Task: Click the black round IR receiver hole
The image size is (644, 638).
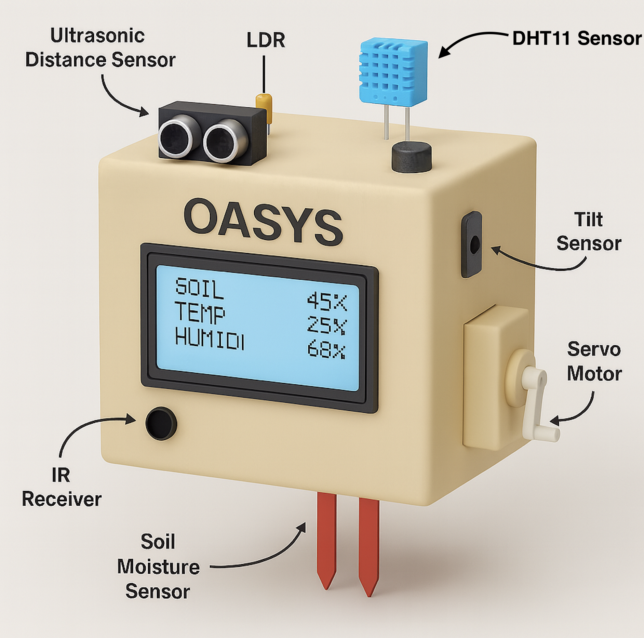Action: [161, 423]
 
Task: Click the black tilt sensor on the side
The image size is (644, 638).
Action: [472, 244]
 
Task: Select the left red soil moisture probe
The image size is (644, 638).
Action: [326, 540]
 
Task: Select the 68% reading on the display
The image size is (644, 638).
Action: [326, 349]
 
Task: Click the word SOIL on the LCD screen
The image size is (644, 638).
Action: [199, 288]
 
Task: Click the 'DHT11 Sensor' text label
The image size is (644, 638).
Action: [576, 38]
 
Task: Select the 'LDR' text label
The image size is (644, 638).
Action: [266, 41]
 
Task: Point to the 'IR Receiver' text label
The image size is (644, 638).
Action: [62, 487]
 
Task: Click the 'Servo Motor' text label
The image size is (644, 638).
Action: [594, 361]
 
